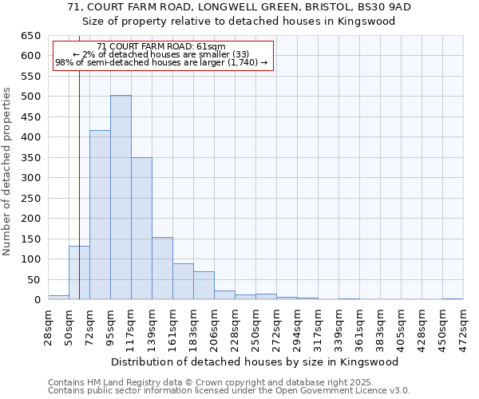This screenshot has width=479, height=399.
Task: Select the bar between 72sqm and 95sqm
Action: coord(100,215)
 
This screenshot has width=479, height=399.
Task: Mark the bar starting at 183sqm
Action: coord(204,285)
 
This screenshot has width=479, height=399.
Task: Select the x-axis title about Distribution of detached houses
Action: coord(255,361)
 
